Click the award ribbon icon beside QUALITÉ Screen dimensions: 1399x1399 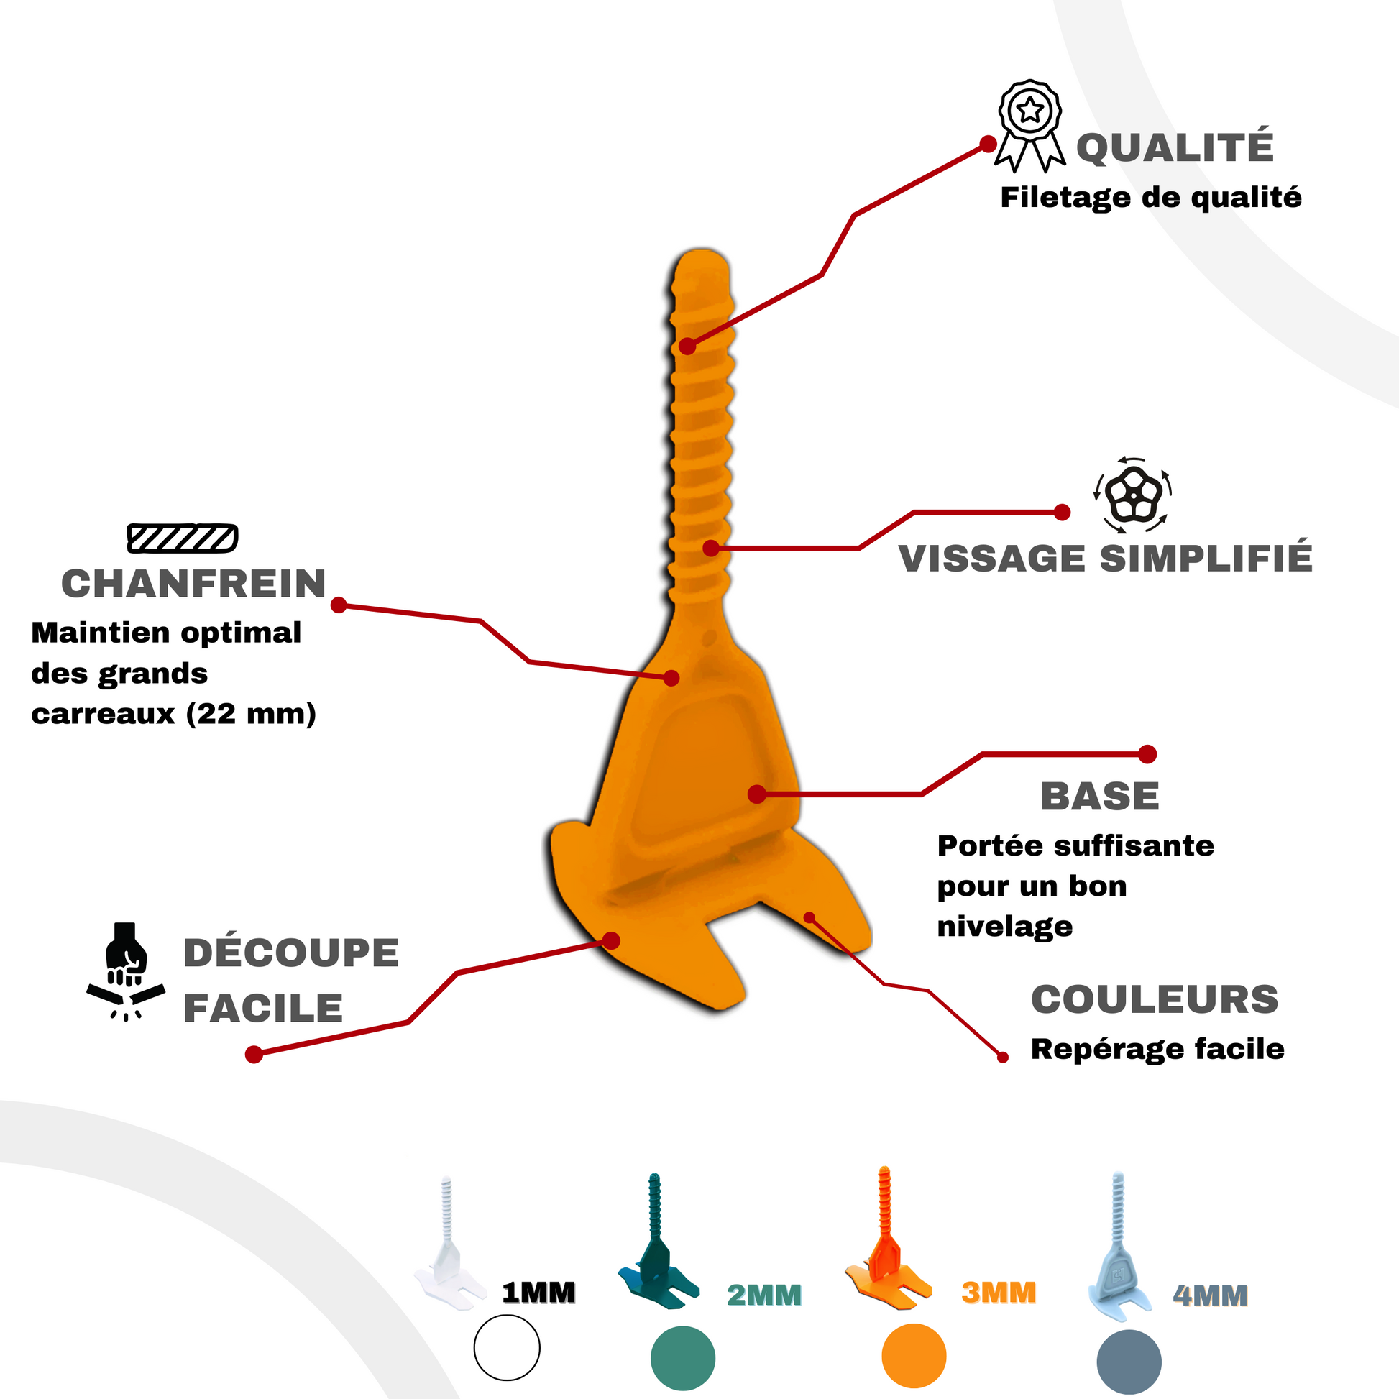(1030, 124)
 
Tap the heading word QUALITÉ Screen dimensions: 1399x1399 (1175, 147)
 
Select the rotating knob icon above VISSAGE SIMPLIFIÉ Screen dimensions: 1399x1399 (1132, 495)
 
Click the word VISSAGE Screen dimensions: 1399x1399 (992, 559)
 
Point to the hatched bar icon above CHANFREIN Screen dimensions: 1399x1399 (183, 538)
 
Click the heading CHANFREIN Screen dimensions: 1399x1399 (193, 584)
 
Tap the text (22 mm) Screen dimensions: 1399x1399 (252, 715)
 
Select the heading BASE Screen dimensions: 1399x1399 (1099, 797)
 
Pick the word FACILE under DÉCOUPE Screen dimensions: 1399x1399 (263, 1009)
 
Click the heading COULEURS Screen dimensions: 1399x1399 (1155, 999)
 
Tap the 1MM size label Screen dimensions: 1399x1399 (538, 1293)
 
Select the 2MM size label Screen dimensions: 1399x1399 (765, 1295)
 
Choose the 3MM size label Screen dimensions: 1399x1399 (999, 1293)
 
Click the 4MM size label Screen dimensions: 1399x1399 (1211, 1295)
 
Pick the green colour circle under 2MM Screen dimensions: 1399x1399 (683, 1358)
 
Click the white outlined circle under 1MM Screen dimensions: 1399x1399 (507, 1347)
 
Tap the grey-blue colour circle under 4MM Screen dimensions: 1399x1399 (1129, 1362)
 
